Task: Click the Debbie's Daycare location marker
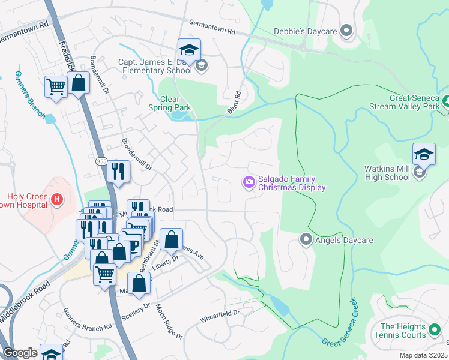pyautogui.click(x=346, y=30)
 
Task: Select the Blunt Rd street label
pyautogui.click(x=234, y=103)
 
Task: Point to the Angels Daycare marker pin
pyautogui.click(x=306, y=240)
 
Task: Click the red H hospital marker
pyautogui.click(x=56, y=199)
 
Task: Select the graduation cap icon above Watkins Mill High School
pyautogui.click(x=423, y=155)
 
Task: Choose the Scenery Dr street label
pyautogui.click(x=135, y=311)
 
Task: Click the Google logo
pyautogui.click(x=20, y=353)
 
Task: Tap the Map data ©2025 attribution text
pyautogui.click(x=423, y=355)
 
